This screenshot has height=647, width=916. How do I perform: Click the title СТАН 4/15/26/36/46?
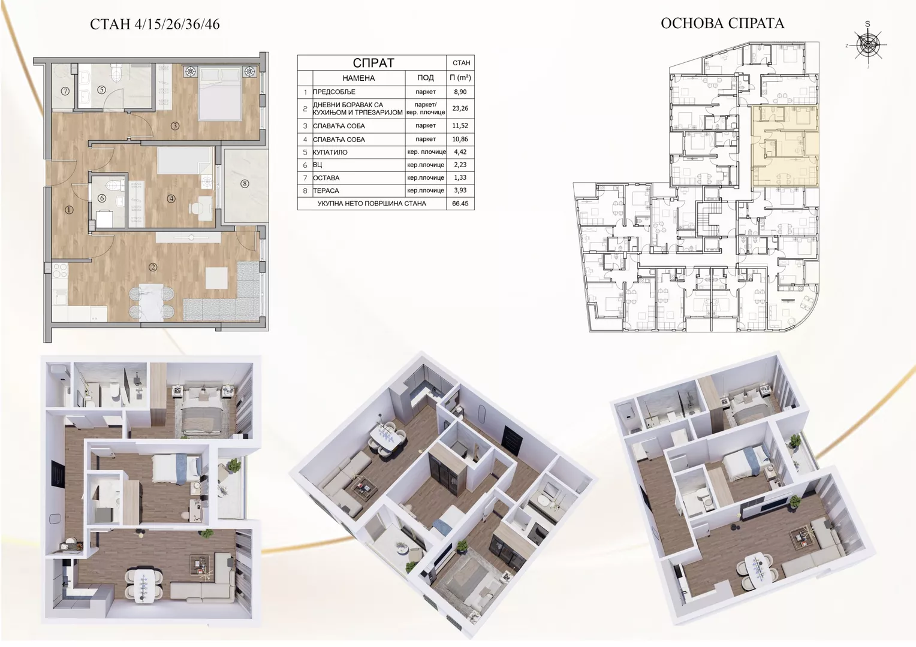(155, 25)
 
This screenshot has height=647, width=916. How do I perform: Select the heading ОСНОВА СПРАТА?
(722, 23)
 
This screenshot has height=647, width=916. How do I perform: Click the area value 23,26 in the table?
(460, 108)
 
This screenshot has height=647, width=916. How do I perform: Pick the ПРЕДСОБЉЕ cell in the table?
(334, 92)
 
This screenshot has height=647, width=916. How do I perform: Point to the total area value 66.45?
(460, 204)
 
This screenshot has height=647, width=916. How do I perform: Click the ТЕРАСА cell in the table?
(326, 191)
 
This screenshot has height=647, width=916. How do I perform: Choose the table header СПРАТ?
(373, 63)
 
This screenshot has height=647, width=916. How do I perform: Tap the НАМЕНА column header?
(358, 78)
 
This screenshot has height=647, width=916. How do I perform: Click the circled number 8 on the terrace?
(245, 184)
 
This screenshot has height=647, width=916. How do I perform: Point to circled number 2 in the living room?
(153, 267)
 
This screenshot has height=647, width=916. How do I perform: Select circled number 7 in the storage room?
(65, 92)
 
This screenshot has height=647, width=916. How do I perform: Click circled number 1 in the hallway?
(69, 210)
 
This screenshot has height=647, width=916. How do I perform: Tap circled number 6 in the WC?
(102, 199)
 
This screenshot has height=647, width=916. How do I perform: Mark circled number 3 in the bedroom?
(175, 126)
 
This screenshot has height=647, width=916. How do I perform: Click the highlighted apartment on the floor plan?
(785, 146)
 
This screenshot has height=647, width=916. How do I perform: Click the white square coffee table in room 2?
(216, 278)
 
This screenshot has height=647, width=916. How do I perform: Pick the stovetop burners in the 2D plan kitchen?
(60, 271)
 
